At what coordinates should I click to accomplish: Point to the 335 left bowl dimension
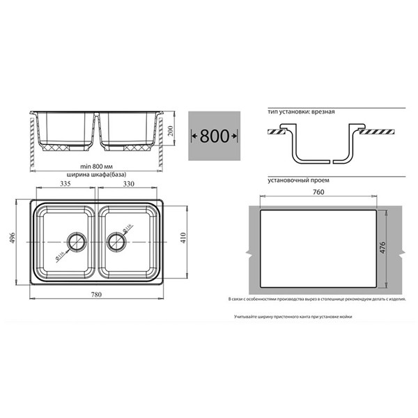[x=65, y=185]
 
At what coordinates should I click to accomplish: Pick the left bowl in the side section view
[x=67, y=131]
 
